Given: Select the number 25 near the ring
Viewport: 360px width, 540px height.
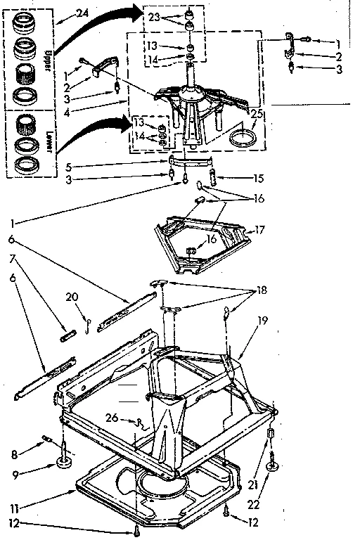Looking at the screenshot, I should (x=257, y=113).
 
